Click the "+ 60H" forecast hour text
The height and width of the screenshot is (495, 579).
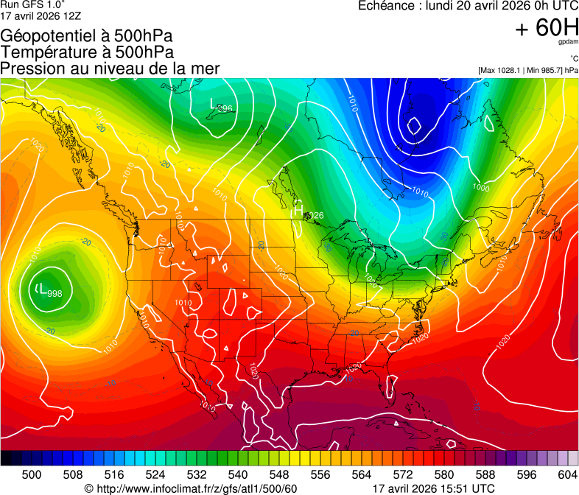(547, 28)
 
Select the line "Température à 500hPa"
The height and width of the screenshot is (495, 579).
(87, 52)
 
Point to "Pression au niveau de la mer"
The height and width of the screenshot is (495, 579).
(110, 69)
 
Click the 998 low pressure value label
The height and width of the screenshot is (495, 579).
(54, 294)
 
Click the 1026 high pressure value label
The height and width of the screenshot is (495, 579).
(315, 215)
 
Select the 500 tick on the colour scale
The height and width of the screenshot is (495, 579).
(32, 475)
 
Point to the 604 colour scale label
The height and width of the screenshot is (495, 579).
(566, 475)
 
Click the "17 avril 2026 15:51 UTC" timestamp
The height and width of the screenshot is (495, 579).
(434, 488)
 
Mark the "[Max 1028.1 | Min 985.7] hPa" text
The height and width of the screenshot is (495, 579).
(527, 71)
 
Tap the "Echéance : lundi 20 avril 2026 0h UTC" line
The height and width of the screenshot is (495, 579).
(467, 6)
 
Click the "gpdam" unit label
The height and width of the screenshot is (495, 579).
(568, 42)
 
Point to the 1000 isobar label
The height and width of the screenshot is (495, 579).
(481, 187)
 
